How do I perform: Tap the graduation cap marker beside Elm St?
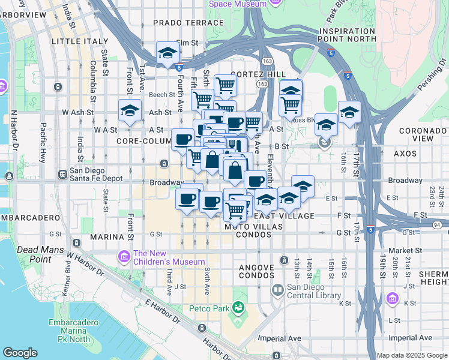166,53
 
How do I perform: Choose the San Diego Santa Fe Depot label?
96,175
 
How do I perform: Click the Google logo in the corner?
20,352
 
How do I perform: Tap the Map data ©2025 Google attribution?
411,355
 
